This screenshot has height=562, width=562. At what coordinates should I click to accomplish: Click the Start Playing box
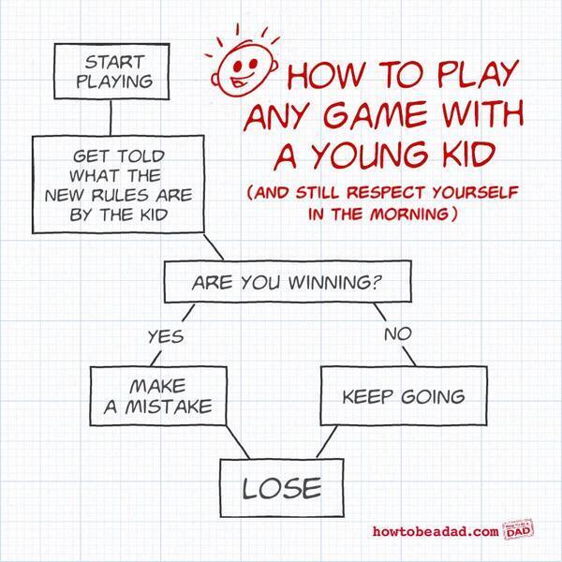(114, 71)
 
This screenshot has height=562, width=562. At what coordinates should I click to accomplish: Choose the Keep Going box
(403, 395)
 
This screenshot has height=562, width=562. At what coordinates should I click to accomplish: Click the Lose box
(282, 487)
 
